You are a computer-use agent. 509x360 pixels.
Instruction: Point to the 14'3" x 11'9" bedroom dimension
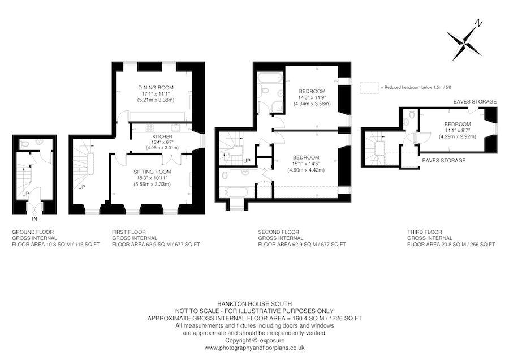[312, 98]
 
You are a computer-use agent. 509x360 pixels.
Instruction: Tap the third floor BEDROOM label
[457, 124]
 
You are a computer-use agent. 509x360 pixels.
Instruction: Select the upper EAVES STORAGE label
[475, 101]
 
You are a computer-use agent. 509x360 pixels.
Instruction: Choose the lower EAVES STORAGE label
[444, 161]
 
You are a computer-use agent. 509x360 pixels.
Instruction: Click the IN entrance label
[34, 218]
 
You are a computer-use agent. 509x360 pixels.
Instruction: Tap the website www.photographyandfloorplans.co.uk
[254, 348]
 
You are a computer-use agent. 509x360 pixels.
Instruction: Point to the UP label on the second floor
[247, 161]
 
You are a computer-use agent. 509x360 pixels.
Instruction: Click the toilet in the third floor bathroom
[411, 115]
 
